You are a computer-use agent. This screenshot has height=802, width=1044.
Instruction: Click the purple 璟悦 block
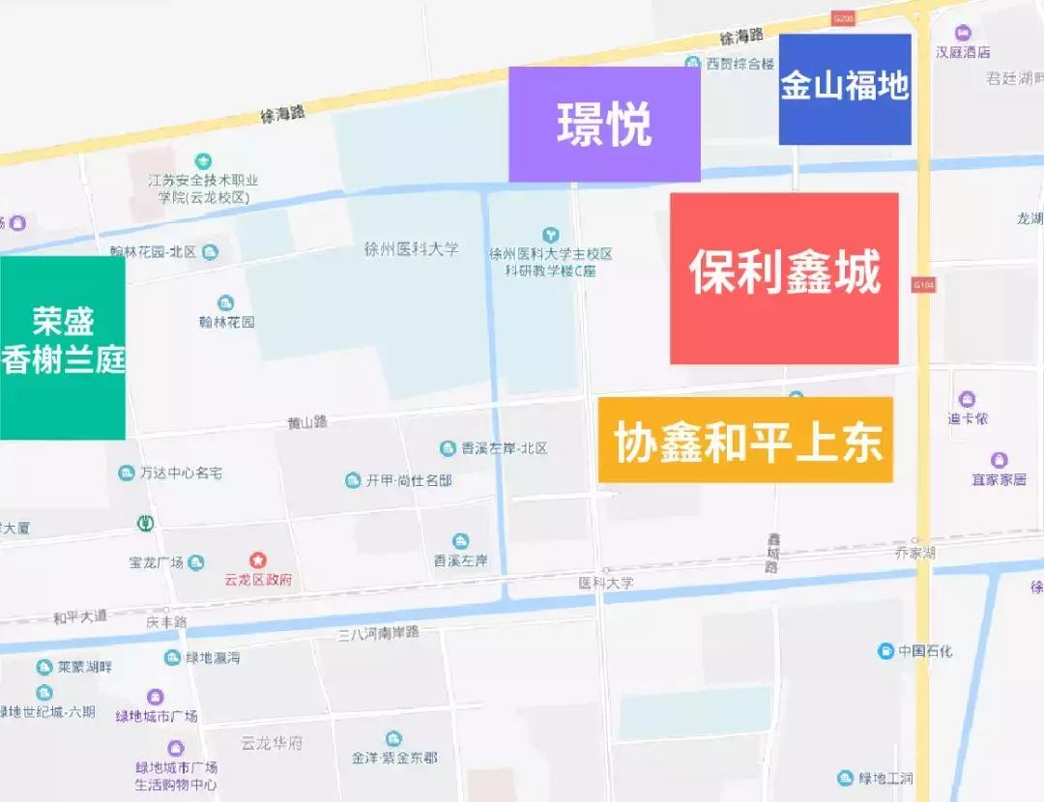click(604, 124)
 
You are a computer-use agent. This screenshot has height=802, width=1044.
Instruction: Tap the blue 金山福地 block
click(845, 89)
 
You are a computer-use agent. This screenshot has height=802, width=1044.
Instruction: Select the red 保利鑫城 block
click(784, 278)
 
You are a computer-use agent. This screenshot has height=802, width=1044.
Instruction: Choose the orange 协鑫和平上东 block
click(745, 440)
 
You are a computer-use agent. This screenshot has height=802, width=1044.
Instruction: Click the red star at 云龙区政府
click(257, 560)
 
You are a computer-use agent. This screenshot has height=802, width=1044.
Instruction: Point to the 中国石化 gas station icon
click(884, 650)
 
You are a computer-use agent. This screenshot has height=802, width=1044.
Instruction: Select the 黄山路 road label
click(307, 422)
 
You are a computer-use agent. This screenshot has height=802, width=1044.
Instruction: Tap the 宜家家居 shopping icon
click(1000, 460)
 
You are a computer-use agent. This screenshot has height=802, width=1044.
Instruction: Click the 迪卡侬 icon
click(967, 399)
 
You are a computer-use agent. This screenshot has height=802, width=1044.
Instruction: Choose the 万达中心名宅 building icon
click(126, 473)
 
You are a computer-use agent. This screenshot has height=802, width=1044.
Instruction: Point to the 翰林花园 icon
click(225, 303)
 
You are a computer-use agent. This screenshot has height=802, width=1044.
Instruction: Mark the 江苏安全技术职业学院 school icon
click(203, 160)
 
